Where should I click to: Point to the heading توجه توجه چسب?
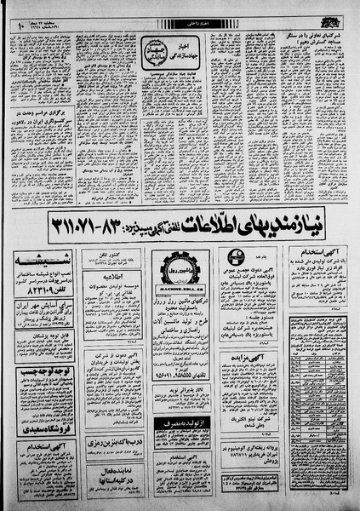pyautogui.click(x=43, y=373)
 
